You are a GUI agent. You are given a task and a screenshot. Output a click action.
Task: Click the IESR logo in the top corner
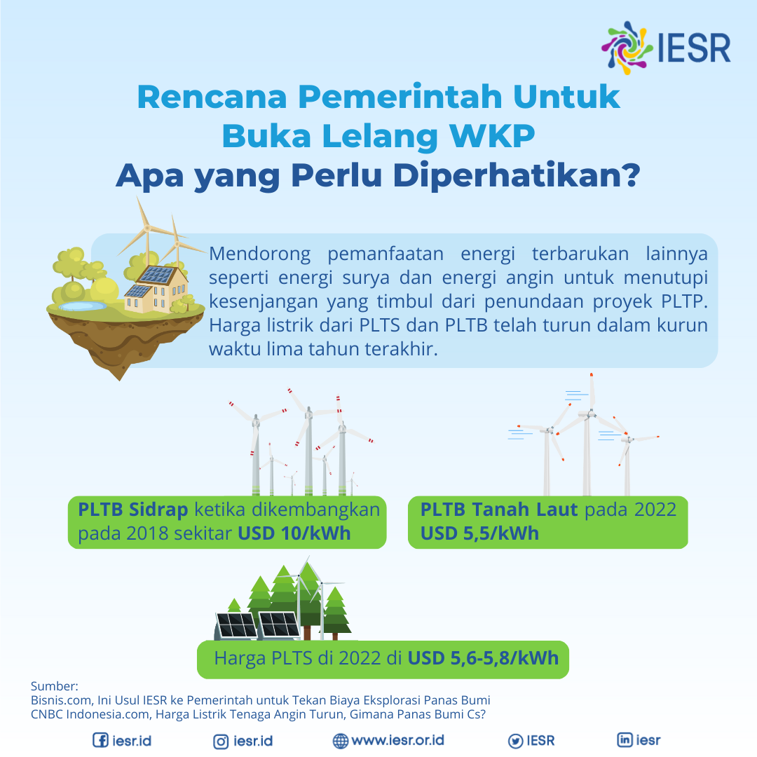click(666, 48)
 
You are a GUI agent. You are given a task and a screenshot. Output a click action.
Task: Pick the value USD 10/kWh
click(294, 533)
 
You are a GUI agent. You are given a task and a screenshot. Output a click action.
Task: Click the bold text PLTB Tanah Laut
click(499, 509)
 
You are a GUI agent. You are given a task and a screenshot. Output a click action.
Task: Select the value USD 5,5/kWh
click(479, 533)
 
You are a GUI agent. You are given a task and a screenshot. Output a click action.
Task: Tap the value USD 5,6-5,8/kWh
click(484, 658)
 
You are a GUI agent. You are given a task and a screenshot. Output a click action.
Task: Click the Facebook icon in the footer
click(101, 740)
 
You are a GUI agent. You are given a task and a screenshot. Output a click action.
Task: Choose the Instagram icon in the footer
click(221, 740)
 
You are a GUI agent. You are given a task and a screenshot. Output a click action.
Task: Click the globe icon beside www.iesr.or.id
click(341, 740)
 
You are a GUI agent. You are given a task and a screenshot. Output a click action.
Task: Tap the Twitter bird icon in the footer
click(515, 740)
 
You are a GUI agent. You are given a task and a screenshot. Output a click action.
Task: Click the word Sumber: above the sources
click(55, 686)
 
